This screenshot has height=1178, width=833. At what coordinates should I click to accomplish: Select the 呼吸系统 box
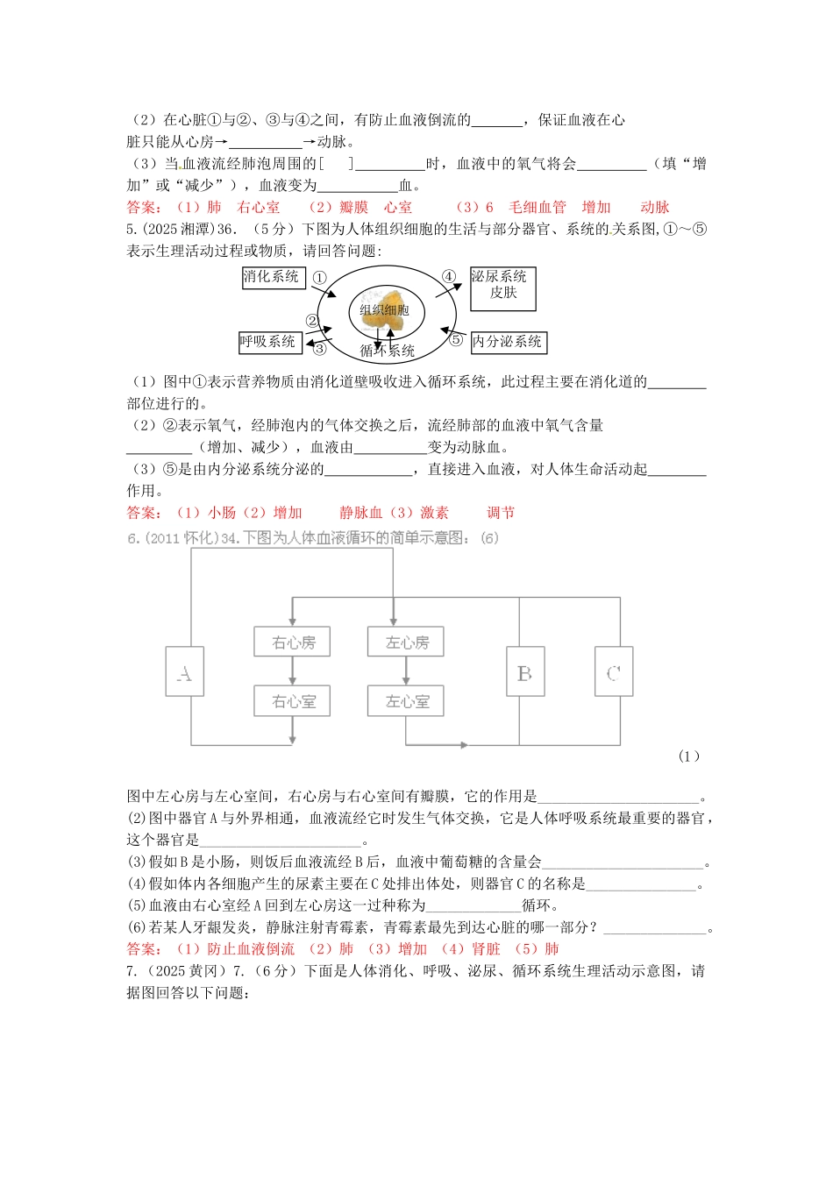[x=270, y=342]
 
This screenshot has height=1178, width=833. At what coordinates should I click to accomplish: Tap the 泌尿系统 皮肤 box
[x=502, y=287]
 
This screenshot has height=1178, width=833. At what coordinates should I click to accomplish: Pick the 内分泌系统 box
[x=508, y=342]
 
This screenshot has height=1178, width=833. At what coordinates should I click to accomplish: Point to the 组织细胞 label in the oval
[x=384, y=309]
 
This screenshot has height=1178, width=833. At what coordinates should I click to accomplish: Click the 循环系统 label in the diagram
[x=388, y=351]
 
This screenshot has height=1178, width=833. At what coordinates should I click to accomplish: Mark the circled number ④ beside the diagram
[x=448, y=276]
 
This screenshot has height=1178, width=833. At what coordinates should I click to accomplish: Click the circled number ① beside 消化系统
[x=319, y=277]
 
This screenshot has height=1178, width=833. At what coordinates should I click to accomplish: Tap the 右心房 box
[x=293, y=642]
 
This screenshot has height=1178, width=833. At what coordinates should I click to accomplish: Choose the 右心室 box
[x=293, y=701]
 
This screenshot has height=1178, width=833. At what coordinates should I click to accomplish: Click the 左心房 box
[x=406, y=642]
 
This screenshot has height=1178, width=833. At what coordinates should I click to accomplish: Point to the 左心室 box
[x=406, y=701]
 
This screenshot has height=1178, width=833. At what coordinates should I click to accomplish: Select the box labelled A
[x=184, y=672]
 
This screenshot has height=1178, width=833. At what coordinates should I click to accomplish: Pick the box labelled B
[x=524, y=672]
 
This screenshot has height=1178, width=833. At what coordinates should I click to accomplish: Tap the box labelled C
[x=613, y=672]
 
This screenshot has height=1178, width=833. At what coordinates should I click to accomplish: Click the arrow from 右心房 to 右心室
[x=293, y=671]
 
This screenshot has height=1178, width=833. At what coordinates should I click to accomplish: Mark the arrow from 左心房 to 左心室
[x=406, y=671]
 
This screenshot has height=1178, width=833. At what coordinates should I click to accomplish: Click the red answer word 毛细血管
[x=538, y=208]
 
